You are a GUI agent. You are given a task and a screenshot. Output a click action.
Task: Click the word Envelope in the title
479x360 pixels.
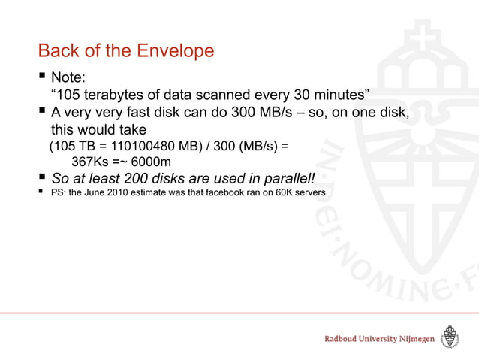(x=177, y=51)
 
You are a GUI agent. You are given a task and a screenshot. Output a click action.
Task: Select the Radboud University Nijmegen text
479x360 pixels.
(x=379, y=340)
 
